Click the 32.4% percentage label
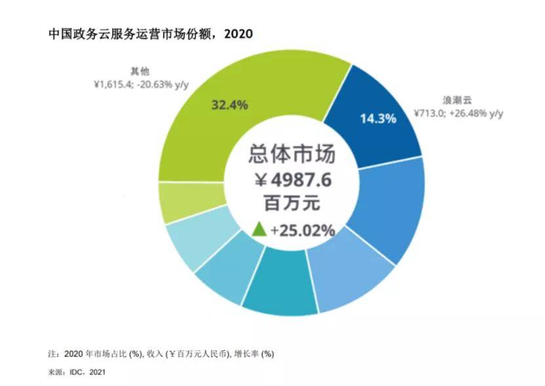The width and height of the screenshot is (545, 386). coord(229,104)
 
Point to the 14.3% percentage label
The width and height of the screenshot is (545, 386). coord(377,119)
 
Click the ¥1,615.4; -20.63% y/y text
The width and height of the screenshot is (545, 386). coord(145,85)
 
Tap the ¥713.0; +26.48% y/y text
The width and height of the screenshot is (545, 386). coord(458,114)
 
